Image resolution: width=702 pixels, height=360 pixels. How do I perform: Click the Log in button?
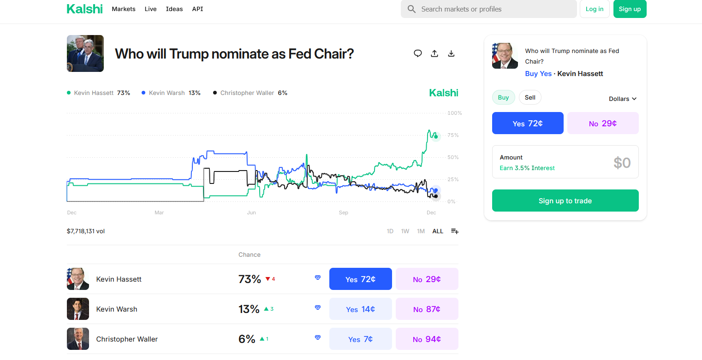coord(594,9)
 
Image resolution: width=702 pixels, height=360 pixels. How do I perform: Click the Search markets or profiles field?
coord(489,9)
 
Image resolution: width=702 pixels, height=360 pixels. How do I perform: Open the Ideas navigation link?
coord(174,9)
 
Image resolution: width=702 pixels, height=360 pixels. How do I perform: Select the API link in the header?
coord(197,9)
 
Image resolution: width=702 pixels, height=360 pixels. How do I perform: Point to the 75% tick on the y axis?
coord(453,136)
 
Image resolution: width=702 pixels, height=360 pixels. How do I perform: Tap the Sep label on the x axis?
coord(343,213)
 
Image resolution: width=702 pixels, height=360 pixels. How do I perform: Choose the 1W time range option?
coord(405,231)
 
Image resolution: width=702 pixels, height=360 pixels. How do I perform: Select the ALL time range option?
coord(437,231)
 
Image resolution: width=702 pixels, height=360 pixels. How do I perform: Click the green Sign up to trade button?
coord(565,201)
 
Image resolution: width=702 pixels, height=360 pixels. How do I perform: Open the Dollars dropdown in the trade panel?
coord(622,99)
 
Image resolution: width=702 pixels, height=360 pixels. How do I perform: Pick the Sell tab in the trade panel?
coord(530,98)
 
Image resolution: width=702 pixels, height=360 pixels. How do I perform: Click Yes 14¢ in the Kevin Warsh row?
coord(360,309)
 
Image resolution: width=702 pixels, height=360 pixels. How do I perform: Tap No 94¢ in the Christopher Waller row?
coord(427,339)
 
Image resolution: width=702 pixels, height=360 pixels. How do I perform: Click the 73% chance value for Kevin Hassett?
coord(250,279)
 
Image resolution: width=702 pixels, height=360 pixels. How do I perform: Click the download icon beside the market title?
coord(451,53)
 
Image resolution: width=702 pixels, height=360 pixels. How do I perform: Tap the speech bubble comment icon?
coord(418,53)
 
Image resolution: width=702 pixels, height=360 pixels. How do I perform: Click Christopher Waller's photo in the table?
coord(78,339)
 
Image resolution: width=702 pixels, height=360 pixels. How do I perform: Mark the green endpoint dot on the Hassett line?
coord(436,136)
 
